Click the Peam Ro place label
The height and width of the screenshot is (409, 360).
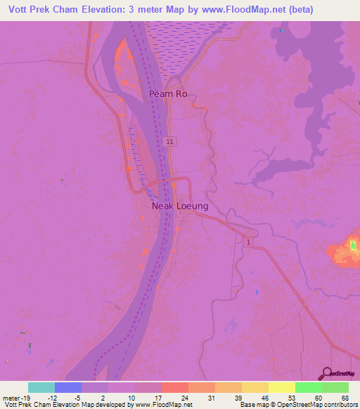tap(168, 93)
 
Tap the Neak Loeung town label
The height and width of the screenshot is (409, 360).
tap(180, 207)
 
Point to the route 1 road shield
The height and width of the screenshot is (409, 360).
tap(247, 242)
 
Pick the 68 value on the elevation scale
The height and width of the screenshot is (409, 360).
tap(345, 398)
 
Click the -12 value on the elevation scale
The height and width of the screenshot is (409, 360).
tap(56, 398)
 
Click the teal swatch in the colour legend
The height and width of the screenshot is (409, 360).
tap(41, 387)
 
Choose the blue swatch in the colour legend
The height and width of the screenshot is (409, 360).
tap(68, 387)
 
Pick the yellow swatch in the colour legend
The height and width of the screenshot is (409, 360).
tap(282, 387)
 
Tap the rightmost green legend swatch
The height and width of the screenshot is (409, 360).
tap(335, 387)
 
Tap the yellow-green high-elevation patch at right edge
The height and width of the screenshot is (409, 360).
tap(352, 246)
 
